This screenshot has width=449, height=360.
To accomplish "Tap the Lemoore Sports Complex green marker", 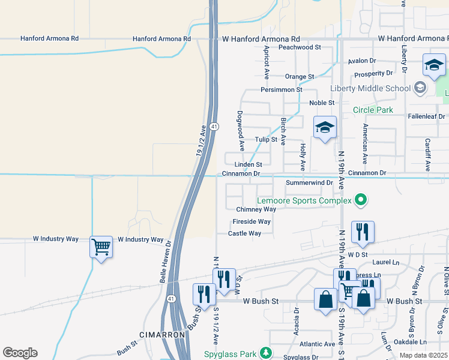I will coord(360,200).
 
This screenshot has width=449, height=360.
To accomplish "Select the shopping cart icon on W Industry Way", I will coord(101,246).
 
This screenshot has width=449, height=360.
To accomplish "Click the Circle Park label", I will coord(373,110).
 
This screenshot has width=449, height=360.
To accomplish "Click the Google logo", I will coord(20,353).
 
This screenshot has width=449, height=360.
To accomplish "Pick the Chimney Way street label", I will coord(256,209).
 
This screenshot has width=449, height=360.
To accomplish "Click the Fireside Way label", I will coord(252,221).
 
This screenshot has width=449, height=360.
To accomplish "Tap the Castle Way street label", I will coord(244,233).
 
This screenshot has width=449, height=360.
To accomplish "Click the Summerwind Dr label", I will coord(309,182).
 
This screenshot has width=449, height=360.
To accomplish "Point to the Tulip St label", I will coord(265,139).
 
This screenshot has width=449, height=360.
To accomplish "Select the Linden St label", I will coord(249,164).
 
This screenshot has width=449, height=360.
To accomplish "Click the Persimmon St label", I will coord(281,89).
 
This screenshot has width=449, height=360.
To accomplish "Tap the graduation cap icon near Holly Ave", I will coord(324,128).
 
